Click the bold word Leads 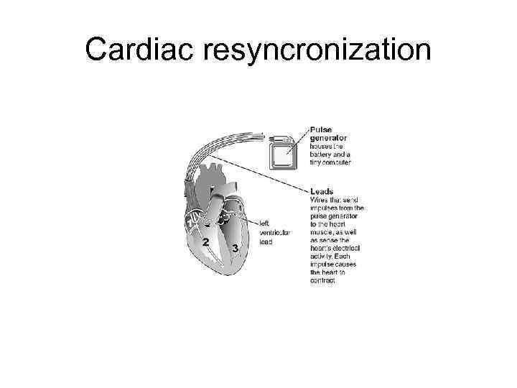tap(322, 191)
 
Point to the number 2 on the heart tap(205, 243)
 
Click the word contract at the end tap(323, 281)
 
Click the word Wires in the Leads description tap(320, 200)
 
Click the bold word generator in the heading tap(329, 138)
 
